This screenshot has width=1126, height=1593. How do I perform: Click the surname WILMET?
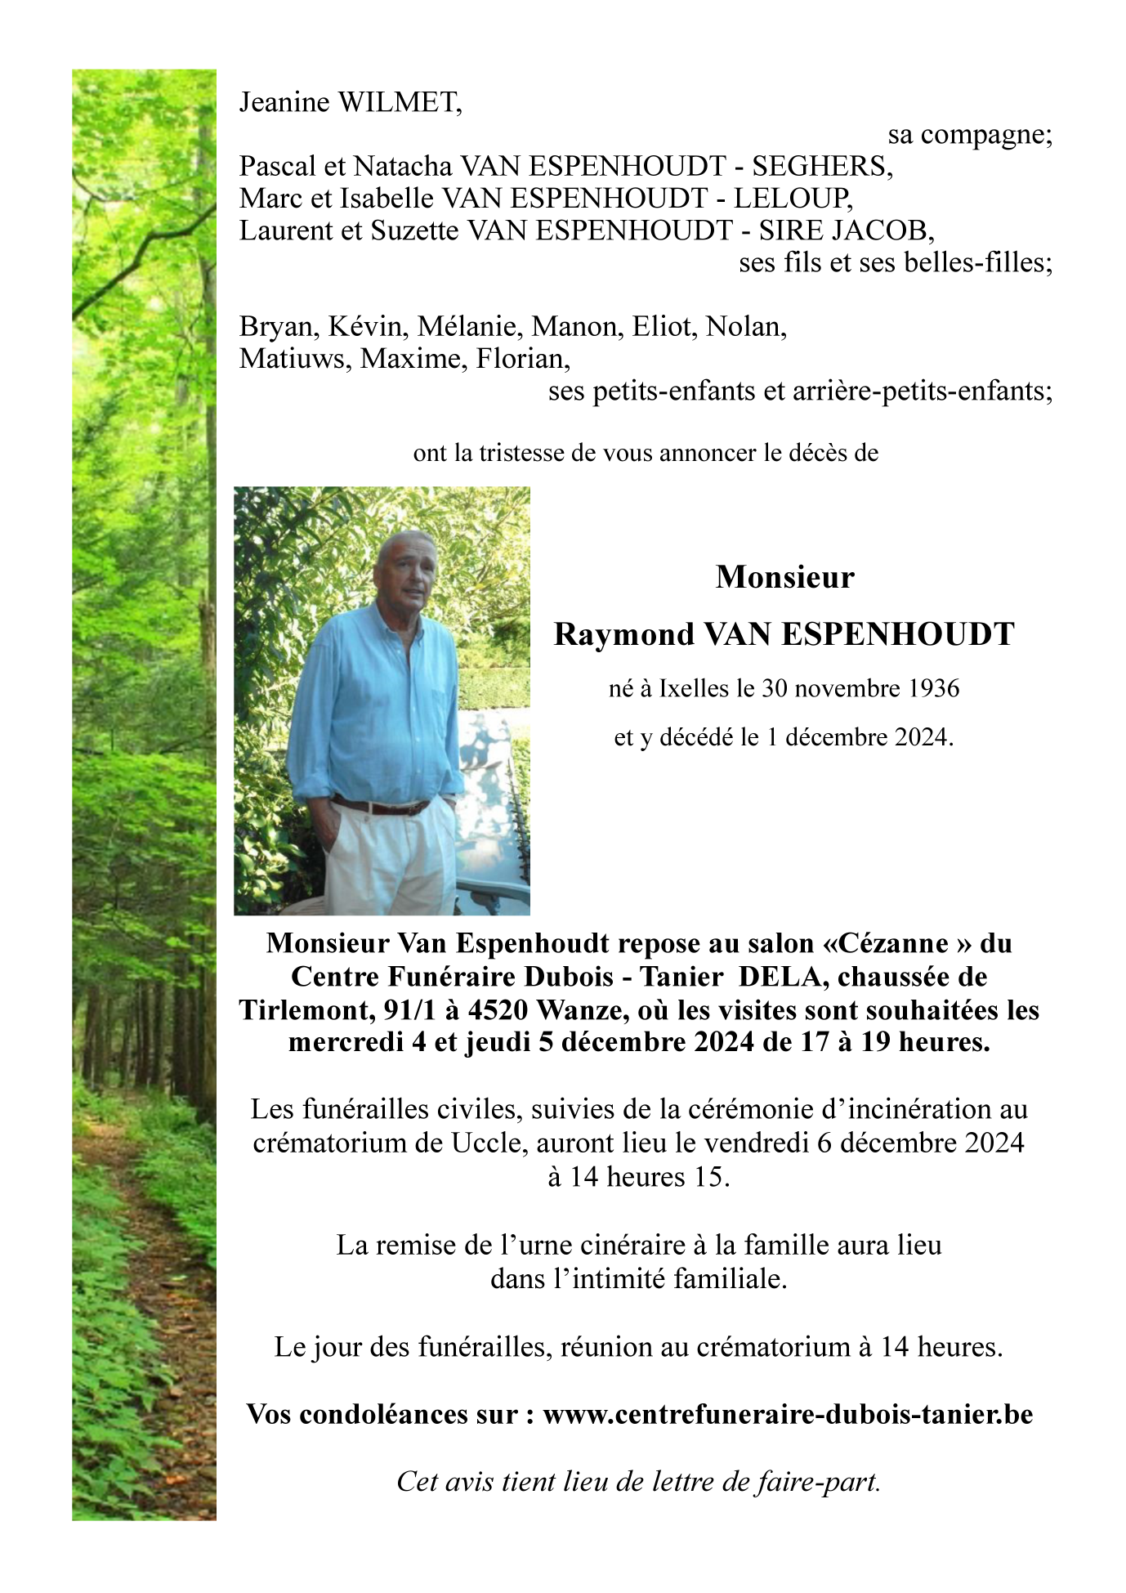point(400,102)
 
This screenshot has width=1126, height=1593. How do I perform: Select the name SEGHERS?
point(821,166)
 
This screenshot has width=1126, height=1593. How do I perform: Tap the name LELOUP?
point(792,198)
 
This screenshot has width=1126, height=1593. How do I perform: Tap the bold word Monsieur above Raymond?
point(784,577)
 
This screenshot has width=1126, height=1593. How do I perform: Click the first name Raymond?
point(623,634)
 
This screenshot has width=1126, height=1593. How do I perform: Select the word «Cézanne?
point(886,943)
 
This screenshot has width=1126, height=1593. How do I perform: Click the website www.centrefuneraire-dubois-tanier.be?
point(788,1414)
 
